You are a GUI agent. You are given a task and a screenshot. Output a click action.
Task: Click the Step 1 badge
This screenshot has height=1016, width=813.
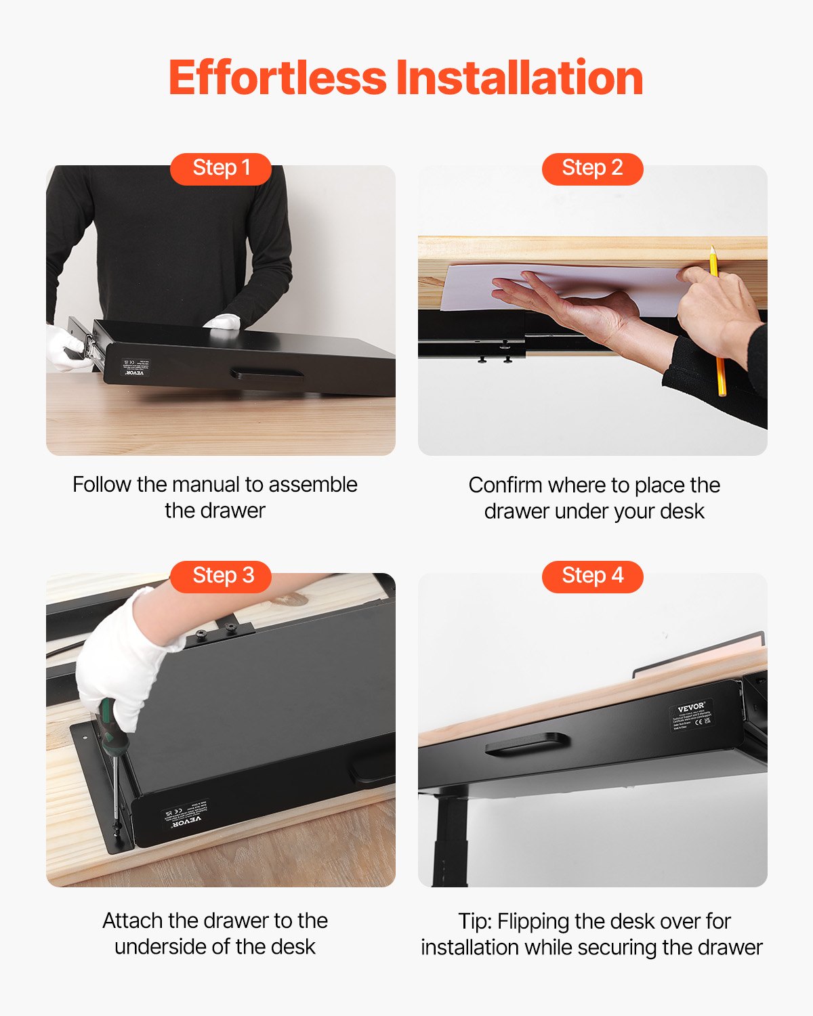coord(221,168)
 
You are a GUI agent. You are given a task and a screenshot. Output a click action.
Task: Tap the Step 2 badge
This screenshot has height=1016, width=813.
coord(592,168)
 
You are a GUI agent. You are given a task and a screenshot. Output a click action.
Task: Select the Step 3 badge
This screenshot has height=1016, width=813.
coord(221,576)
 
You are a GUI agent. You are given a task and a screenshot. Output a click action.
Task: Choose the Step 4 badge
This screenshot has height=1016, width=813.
coord(592,576)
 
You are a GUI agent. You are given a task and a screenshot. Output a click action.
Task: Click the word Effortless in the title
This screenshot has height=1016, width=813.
coord(277,77)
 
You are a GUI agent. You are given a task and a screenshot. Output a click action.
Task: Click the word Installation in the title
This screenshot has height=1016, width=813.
coord(520,77)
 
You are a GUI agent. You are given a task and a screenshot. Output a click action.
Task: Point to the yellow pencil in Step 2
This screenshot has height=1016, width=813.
coord(718,325)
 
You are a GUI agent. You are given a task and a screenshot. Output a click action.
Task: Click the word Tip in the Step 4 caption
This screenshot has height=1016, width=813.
coord(474,921)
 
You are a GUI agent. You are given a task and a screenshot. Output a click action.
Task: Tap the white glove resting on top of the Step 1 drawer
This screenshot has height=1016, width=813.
coord(223,322)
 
